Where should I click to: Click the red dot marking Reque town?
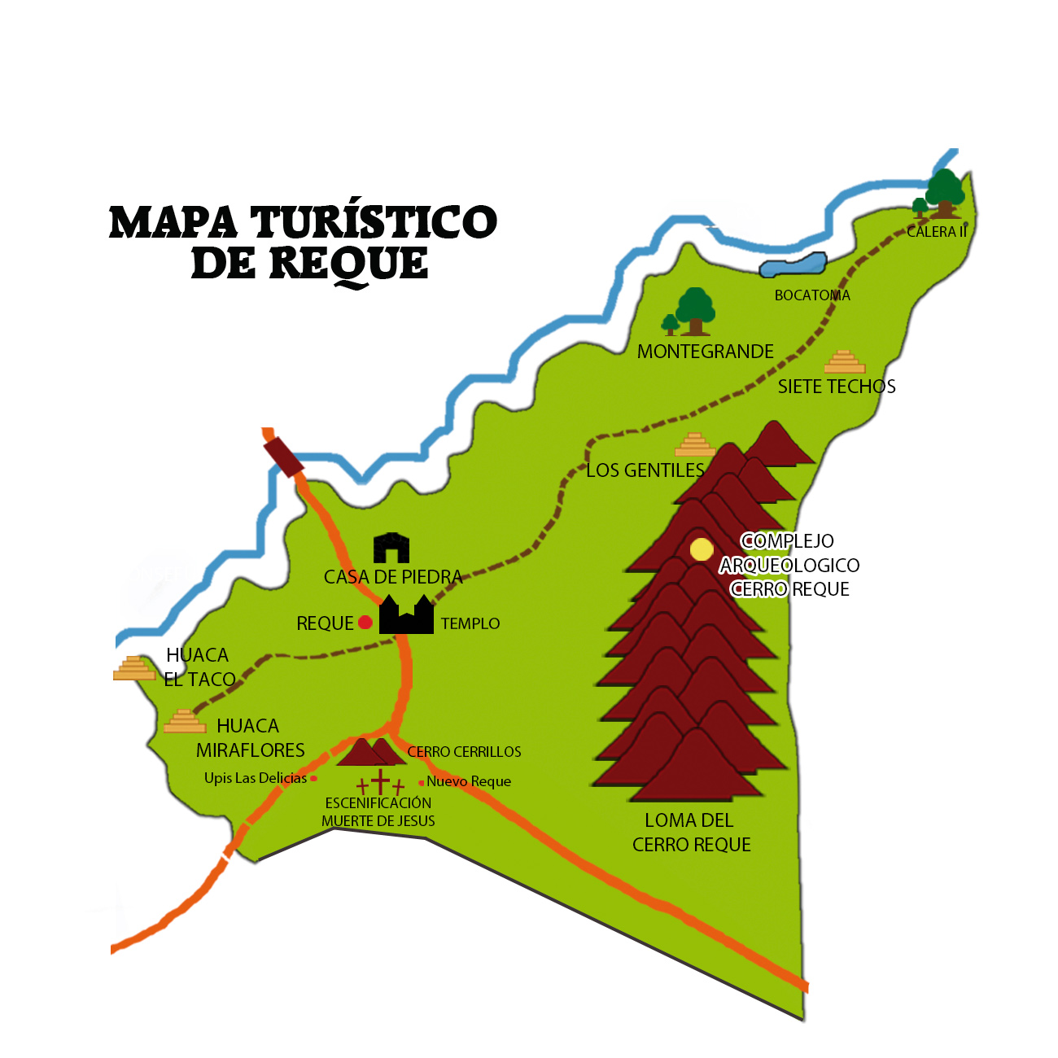(x=365, y=623)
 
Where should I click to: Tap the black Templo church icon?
(x=406, y=615)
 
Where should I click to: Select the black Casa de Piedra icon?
(x=391, y=549)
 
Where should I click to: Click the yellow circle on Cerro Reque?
(x=702, y=549)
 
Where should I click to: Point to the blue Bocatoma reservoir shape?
(x=793, y=265)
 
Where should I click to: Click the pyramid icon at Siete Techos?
(x=845, y=362)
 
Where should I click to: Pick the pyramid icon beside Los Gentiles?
(x=695, y=445)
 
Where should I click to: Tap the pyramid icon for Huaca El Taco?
(x=134, y=668)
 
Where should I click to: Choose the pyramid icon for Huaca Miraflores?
(x=185, y=722)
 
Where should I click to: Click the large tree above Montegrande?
(x=695, y=310)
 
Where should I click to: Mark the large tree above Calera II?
(x=945, y=192)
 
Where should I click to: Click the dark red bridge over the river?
(x=283, y=455)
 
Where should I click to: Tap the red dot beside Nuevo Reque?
(x=421, y=783)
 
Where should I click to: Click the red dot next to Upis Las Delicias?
(x=314, y=779)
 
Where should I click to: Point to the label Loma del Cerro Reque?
(x=691, y=833)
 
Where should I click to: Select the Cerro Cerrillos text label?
(x=464, y=752)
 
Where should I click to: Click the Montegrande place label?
(x=705, y=352)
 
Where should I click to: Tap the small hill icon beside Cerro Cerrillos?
(x=369, y=752)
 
